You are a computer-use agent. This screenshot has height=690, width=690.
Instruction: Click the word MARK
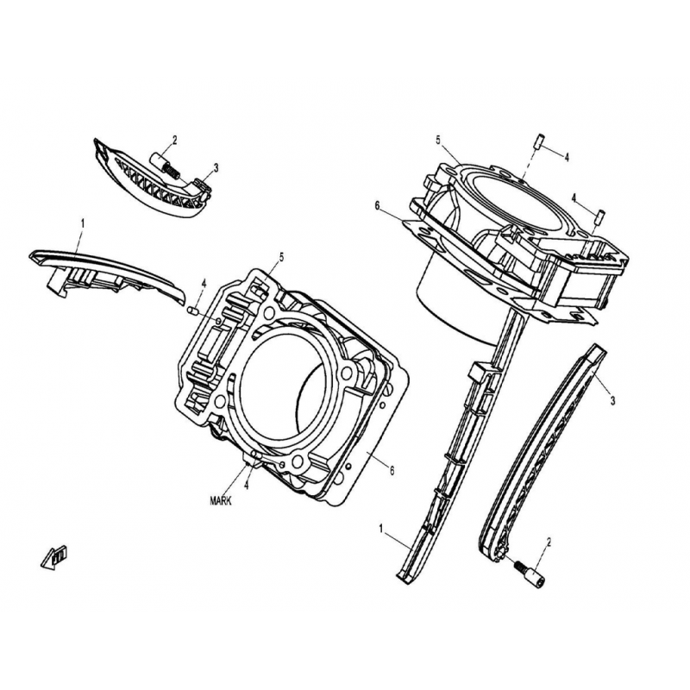221,501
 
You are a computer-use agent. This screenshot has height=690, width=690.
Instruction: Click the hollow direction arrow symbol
54,557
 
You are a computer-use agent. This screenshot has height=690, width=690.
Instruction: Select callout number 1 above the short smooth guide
82,224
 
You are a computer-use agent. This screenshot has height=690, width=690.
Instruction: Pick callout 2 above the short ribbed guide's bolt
175,141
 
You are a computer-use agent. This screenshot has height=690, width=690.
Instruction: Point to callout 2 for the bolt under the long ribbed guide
549,542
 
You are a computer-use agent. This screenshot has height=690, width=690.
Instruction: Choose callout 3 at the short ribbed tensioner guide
216,167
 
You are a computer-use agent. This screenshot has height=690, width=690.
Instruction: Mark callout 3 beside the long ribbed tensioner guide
612,400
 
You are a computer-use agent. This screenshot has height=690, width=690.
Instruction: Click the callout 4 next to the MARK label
247,486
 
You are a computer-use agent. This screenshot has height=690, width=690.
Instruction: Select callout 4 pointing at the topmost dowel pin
567,157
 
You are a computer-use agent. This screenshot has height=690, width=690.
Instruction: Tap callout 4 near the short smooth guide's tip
204,284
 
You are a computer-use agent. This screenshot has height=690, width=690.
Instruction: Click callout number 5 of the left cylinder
282,257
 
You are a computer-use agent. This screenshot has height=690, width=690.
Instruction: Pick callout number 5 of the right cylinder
438,140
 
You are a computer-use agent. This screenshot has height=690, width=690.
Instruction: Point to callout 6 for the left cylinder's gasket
392,470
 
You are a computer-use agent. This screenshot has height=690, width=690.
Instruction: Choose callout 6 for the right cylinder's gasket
377,205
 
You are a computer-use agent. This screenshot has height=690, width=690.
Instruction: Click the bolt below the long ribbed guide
529,571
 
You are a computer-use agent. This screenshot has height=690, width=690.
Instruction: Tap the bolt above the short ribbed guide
166,164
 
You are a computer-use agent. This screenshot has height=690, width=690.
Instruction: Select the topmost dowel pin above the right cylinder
538,140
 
